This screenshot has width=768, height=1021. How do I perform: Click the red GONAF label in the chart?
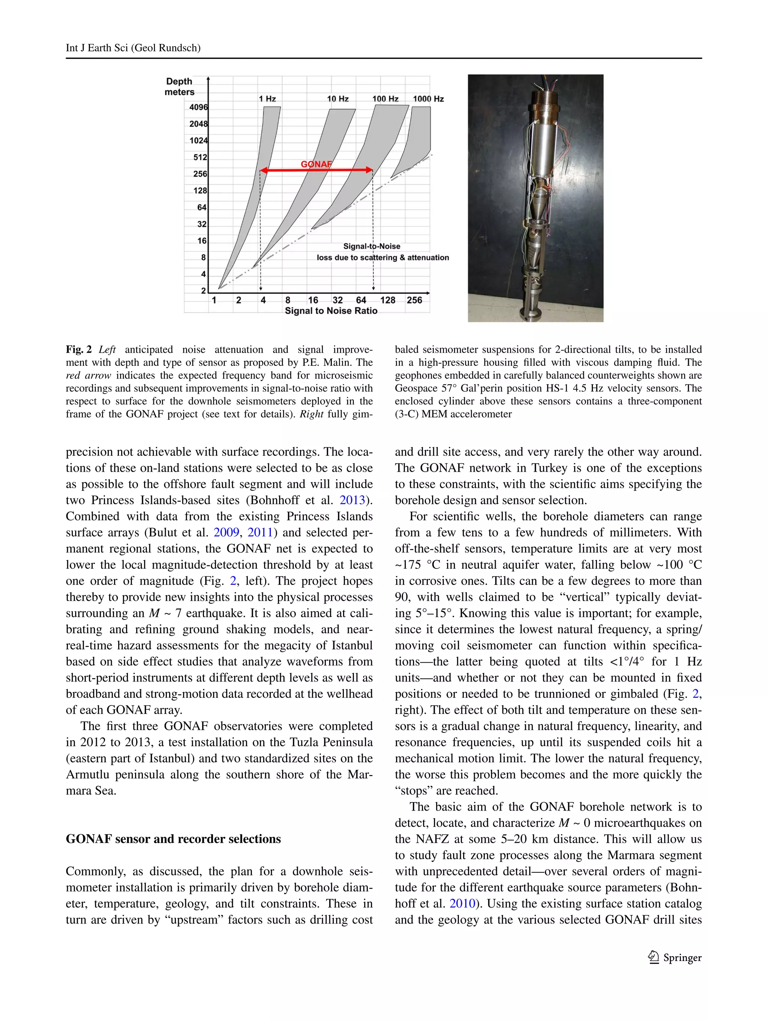tap(316, 164)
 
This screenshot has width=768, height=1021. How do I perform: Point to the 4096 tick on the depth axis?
tap(198, 107)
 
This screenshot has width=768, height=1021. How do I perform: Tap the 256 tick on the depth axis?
tap(200, 174)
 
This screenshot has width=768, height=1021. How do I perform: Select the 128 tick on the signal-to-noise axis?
tap(387, 300)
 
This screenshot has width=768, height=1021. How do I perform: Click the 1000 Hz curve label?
tap(427, 99)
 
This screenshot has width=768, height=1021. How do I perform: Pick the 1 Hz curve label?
tap(267, 99)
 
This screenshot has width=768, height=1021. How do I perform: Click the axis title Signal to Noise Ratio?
tap(331, 311)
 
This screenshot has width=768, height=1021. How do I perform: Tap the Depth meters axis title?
tap(179, 87)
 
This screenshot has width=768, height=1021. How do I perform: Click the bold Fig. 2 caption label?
tap(79, 349)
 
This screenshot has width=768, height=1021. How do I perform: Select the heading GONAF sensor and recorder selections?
tap(173, 839)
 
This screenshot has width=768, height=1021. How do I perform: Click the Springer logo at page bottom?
tap(674, 957)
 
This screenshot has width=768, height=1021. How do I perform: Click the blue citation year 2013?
tap(352, 500)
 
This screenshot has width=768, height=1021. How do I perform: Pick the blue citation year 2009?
tap(226, 533)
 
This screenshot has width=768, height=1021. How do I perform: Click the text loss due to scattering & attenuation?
tap(382, 257)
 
